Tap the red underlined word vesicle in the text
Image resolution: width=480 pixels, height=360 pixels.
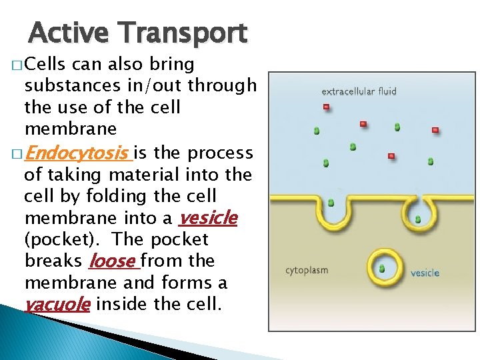tap(208, 218)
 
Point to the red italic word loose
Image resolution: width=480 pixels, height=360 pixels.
tap(112, 261)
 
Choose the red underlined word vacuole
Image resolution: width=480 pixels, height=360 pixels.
tap(57, 304)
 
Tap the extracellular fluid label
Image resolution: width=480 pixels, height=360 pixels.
tap(359, 91)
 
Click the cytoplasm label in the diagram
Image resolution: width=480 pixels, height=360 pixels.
tap(307, 271)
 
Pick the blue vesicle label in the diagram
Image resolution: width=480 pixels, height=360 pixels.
tap(424, 273)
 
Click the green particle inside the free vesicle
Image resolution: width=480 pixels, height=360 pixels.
tap(382, 269)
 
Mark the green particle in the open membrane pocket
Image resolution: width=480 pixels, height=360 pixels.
tap(331, 203)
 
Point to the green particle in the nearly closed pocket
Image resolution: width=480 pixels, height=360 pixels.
tap(418, 219)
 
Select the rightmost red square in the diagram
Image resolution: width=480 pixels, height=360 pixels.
tap(435, 129)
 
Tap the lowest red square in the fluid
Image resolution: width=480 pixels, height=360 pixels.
tap(391, 156)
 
